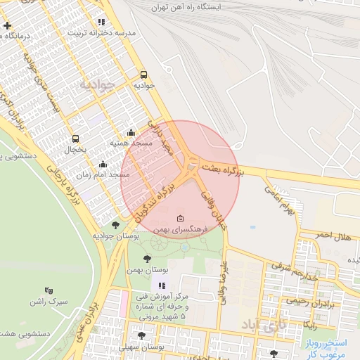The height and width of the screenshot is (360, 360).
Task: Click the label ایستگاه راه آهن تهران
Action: click(191, 7)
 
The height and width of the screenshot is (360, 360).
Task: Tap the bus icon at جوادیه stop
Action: click(144, 75)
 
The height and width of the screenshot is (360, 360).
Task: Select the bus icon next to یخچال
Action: click(76, 139)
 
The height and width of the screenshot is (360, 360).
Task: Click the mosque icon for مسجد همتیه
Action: click(131, 132)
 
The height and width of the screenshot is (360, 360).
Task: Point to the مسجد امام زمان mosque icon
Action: click(103, 164)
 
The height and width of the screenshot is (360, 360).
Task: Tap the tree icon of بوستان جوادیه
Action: click(116, 225)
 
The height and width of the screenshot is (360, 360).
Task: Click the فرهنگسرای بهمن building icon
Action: click(181, 218)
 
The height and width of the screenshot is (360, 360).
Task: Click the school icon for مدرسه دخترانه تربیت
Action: click(102, 22)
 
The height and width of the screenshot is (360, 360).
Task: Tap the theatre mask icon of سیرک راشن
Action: click(49, 290)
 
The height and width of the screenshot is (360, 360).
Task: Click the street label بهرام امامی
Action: click(277, 200)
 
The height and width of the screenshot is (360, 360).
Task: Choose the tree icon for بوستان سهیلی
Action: click(142, 336)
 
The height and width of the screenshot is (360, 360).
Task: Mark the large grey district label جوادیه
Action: click(96, 85)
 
